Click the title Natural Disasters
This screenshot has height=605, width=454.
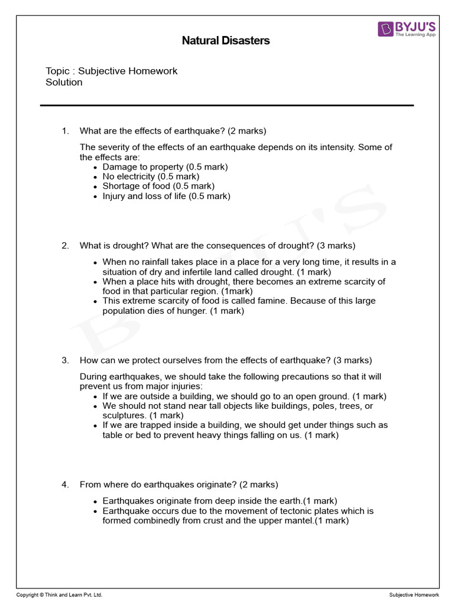point(225,41)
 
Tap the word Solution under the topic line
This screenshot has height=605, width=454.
point(64,82)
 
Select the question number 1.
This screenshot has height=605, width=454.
point(65,131)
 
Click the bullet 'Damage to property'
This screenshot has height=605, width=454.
point(165,167)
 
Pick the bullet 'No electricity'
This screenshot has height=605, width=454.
point(151,176)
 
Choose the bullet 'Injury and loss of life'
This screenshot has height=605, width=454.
point(166,196)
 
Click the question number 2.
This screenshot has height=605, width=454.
point(65,245)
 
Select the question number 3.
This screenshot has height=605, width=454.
point(65,360)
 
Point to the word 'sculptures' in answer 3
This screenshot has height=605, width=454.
point(124,415)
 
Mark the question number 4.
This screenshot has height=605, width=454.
point(65,484)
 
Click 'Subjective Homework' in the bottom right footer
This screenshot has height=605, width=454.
point(414,594)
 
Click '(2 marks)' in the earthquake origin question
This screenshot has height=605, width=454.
point(258,484)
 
